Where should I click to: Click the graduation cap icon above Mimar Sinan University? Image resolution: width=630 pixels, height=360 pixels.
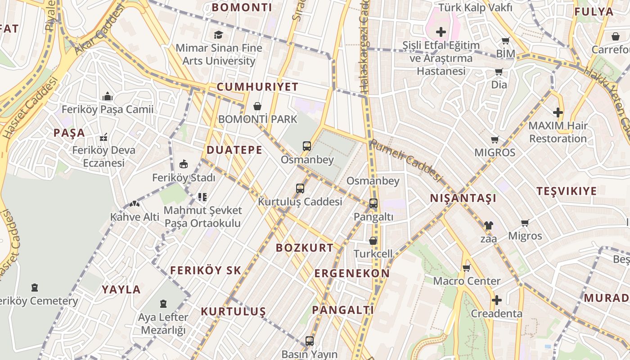click(x=218, y=35)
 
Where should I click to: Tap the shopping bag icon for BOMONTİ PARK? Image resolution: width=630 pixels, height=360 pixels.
click(x=257, y=106)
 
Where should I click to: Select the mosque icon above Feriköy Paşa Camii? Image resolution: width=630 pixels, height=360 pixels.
click(x=107, y=96)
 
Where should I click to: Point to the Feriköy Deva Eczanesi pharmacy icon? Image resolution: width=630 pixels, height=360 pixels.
click(x=103, y=137)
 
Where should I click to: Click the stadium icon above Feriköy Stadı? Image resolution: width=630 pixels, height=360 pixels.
click(x=184, y=164)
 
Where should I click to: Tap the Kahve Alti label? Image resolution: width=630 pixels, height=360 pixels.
click(x=135, y=217)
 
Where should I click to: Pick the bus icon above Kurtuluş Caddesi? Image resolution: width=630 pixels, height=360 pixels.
click(x=300, y=189)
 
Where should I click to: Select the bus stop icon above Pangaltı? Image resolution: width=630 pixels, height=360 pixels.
click(x=373, y=203)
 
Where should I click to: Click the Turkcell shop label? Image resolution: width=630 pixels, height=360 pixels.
click(x=373, y=253)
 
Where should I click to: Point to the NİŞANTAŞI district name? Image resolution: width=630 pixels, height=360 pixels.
click(x=463, y=198)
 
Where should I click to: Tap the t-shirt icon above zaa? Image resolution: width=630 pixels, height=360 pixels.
click(x=488, y=225)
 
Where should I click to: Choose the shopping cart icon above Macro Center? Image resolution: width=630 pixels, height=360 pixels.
click(x=467, y=268)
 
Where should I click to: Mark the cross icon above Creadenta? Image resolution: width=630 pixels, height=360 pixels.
click(x=497, y=300)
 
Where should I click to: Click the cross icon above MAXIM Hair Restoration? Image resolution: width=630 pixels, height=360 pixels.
click(x=558, y=112)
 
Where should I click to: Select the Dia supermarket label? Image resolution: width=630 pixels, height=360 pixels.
click(x=499, y=85)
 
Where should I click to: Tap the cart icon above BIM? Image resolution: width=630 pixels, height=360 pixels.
click(x=505, y=41)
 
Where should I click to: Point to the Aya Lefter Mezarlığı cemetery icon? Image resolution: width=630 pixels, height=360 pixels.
click(x=163, y=304)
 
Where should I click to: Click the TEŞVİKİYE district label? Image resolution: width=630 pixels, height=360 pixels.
click(x=567, y=191)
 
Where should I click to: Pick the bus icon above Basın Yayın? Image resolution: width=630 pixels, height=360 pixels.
click(x=310, y=341)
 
